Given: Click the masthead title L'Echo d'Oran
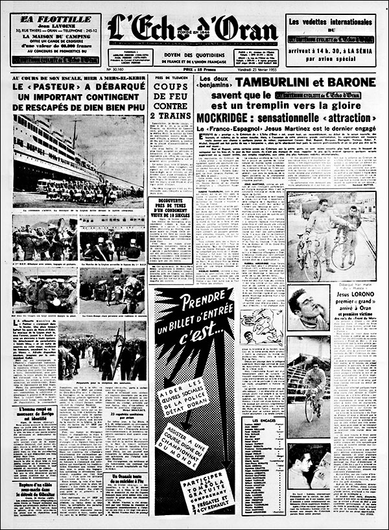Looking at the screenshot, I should tap(193, 29).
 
